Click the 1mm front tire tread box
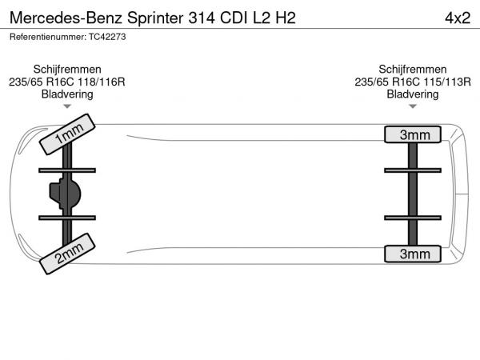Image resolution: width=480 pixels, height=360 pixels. coord(67,134)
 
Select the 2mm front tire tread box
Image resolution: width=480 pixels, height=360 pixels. coord(67,254)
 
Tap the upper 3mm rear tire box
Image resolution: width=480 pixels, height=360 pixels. coord(413,134)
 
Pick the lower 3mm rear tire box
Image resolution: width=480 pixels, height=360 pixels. coord(413,254)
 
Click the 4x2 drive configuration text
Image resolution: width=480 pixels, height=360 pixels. coord(458,18)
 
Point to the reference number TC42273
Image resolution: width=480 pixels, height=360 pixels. coord(107,37)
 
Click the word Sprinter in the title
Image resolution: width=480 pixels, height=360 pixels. coord(155,18)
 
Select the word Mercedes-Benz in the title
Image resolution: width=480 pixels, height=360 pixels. coord(66,18)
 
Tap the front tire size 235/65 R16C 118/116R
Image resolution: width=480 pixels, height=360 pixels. coord(67,82)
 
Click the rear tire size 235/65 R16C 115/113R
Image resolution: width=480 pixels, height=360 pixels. coord(413,82)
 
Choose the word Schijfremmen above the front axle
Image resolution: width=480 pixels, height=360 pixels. coord(67,69)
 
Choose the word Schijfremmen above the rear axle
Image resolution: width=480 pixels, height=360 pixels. coord(413,69)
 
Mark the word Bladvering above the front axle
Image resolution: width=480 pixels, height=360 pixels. coord(67,94)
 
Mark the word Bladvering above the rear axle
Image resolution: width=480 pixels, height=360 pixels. coord(413,94)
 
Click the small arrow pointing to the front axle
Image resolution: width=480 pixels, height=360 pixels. coord(67,106)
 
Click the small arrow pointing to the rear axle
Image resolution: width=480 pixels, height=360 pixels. coord(413,106)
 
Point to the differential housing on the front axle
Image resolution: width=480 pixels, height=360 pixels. coord(65,194)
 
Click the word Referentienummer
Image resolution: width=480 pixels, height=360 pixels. coord(48,37)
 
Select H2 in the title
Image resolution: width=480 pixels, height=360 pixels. coord(286,18)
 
